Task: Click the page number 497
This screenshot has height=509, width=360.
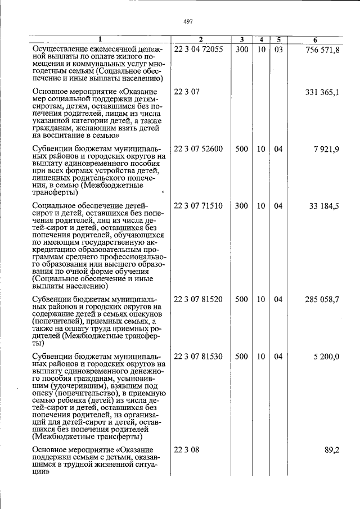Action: pyautogui.click(x=188, y=21)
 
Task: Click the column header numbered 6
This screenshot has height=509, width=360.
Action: pyautogui.click(x=315, y=40)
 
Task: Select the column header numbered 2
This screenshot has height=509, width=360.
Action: pyautogui.click(x=200, y=40)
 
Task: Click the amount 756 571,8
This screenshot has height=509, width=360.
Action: pyautogui.click(x=322, y=49)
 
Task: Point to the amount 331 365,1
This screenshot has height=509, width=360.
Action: pyautogui.click(x=322, y=92)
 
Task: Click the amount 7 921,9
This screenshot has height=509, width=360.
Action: pyautogui.click(x=326, y=149)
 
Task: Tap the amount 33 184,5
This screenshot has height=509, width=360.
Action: pyautogui.click(x=325, y=206)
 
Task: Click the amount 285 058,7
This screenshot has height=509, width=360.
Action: pyautogui.click(x=322, y=299)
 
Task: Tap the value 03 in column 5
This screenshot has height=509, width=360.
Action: pyautogui.click(x=278, y=49)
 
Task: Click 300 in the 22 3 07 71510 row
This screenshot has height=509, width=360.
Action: pyautogui.click(x=241, y=206)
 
